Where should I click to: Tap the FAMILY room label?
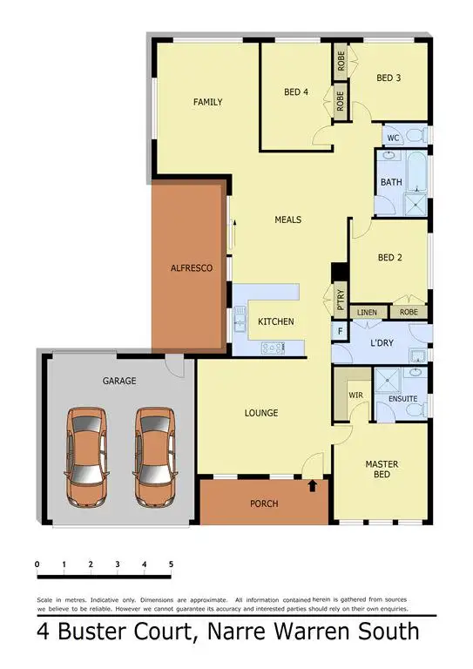click(x=207, y=103)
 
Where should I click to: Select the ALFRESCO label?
click(x=192, y=269)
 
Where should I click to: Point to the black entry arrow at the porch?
click(x=313, y=484)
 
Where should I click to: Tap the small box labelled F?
click(x=339, y=332)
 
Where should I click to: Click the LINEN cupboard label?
click(x=367, y=312)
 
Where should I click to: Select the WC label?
click(x=393, y=138)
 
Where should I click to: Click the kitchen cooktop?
click(x=273, y=349)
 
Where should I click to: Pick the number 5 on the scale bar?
click(x=171, y=565)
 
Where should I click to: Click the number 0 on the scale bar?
click(x=37, y=565)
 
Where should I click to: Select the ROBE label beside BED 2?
click(x=408, y=312)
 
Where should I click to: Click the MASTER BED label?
click(x=382, y=469)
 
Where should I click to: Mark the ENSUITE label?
click(x=403, y=399)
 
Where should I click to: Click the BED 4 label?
click(x=296, y=91)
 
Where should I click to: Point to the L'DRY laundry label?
click(x=382, y=343)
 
